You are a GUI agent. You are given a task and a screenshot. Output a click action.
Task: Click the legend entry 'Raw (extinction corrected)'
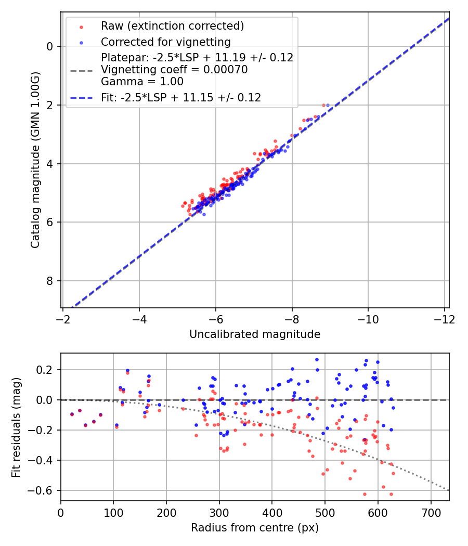pos(172,26)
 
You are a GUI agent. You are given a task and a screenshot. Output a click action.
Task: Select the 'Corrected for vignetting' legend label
pos(165,42)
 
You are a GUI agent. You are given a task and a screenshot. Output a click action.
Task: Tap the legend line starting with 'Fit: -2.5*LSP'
pos(181,97)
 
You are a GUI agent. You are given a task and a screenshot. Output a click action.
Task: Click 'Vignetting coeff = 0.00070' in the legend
pos(174,69)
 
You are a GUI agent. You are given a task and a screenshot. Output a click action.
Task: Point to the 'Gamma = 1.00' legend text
pos(142,81)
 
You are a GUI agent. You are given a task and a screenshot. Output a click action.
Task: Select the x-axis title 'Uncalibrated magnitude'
pos(254,334)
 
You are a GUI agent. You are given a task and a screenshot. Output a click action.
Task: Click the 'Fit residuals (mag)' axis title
pos(17,427)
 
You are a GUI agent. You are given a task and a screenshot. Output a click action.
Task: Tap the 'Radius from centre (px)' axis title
pos(254,528)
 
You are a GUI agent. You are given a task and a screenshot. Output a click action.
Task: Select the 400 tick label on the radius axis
pos(272,513)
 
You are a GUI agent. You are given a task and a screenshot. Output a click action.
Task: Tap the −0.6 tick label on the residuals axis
pos(43,491)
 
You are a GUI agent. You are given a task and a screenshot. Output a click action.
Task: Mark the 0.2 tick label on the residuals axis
pos(47,370)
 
